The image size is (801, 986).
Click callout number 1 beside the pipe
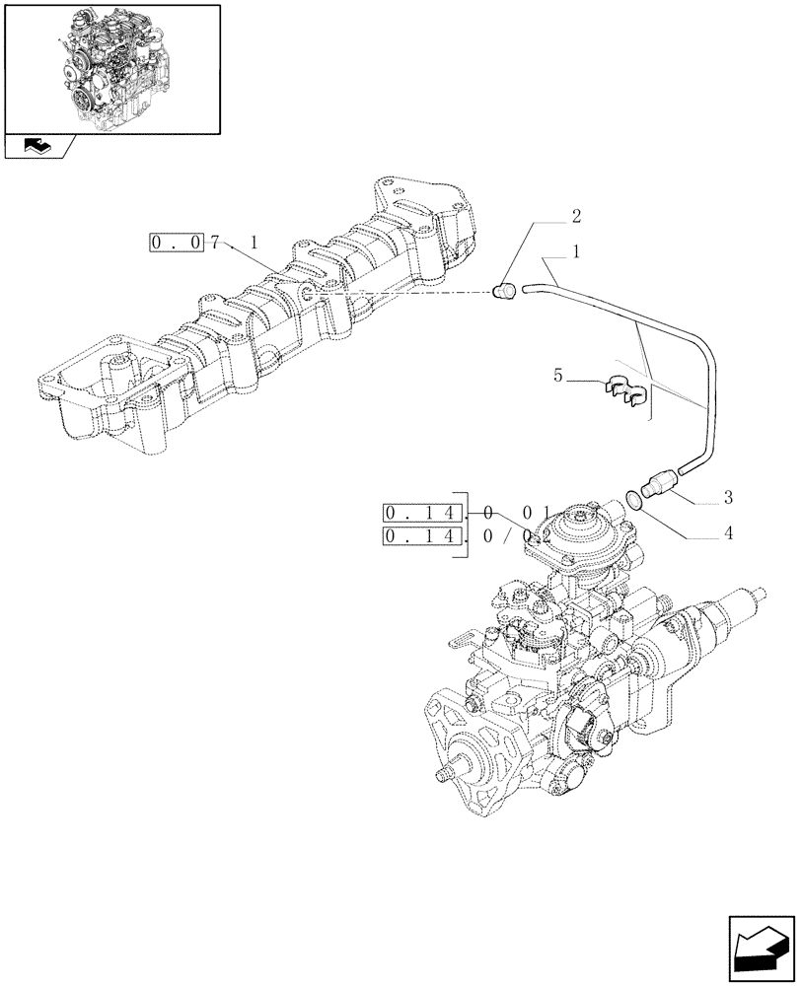[x=575, y=251]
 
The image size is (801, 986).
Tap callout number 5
[x=559, y=377]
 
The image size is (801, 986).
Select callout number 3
[x=727, y=496]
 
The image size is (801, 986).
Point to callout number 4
[x=727, y=535]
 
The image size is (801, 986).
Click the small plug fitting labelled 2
[x=505, y=290]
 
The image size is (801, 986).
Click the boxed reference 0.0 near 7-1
[x=177, y=243]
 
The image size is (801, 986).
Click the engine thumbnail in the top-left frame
[x=111, y=67]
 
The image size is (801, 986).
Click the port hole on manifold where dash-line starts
[x=308, y=293]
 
